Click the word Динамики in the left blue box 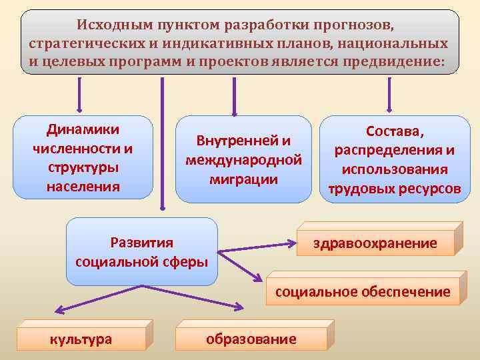pos(83,129)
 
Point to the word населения pos(83,187)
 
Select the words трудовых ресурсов pos(394,189)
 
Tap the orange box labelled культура pos(81,339)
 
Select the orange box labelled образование pos(251,339)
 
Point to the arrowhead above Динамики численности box pos(81,109)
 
